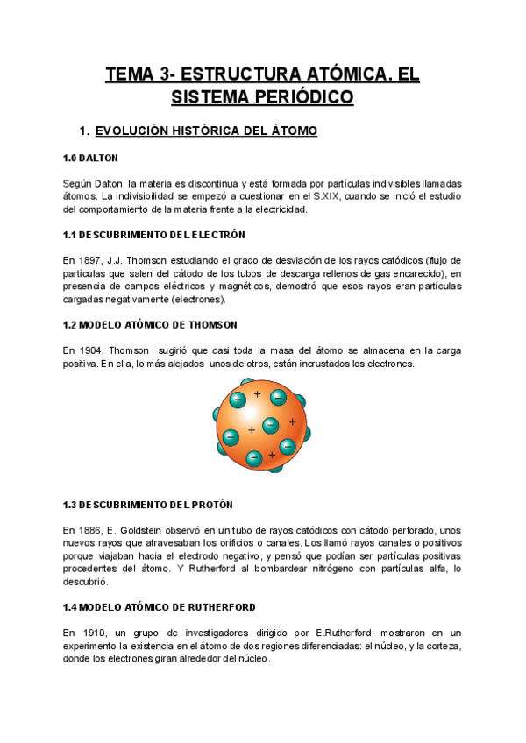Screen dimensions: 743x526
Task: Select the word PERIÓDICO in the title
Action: (301, 96)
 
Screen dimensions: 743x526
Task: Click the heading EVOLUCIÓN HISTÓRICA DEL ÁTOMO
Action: (206, 131)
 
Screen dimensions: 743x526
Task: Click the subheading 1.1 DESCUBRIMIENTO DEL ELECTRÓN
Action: (153, 235)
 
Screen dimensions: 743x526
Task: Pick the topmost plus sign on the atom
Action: (257, 394)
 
